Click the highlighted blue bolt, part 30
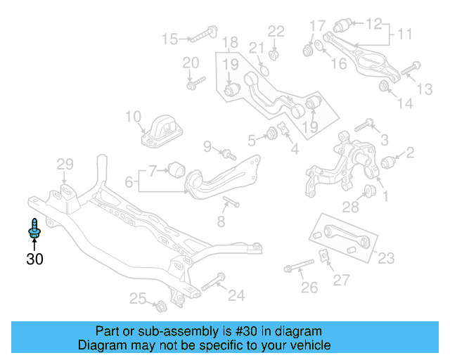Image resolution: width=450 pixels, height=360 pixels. [x=34, y=228]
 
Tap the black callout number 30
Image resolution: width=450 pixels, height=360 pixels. [x=34, y=259]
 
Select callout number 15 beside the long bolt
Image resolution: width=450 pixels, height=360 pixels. [x=170, y=38]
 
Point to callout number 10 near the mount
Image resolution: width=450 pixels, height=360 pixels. [x=134, y=117]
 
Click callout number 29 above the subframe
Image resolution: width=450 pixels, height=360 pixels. [x=65, y=165]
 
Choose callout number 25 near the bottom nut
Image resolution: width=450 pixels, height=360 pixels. [x=137, y=299]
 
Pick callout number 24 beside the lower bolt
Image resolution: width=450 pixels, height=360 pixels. [x=236, y=296]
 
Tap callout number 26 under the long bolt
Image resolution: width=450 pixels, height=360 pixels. [x=309, y=287]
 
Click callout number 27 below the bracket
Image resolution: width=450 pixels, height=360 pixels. [x=341, y=281]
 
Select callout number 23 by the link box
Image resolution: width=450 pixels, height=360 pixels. [x=386, y=257]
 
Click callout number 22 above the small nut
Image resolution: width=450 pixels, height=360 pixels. [x=276, y=31]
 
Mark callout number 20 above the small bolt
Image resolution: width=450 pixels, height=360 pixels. [x=191, y=63]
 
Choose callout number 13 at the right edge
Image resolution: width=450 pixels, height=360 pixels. [x=425, y=89]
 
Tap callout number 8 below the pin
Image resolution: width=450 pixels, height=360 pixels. [x=221, y=222]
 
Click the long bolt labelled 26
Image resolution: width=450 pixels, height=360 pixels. [x=298, y=267]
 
